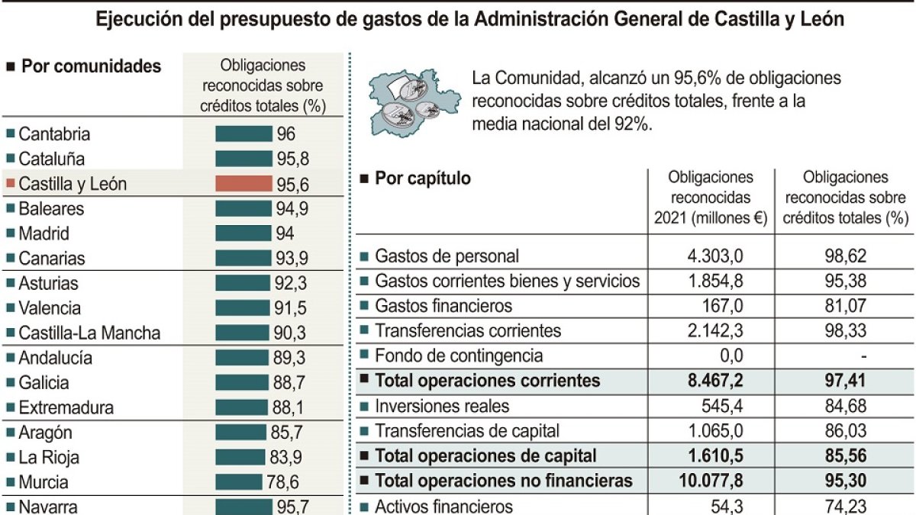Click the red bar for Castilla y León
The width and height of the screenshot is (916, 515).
coord(244,184)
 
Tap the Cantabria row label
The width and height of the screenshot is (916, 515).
coord(54,134)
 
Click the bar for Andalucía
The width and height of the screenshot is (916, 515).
coord(244,358)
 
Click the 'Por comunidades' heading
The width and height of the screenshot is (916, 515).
coord(91,66)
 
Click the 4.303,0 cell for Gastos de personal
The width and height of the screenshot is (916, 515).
coord(714,256)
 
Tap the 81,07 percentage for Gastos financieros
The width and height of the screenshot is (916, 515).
coord(846,306)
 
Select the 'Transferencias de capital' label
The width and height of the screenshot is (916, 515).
coord(467,430)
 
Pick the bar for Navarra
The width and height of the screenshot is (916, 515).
coord(244,506)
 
